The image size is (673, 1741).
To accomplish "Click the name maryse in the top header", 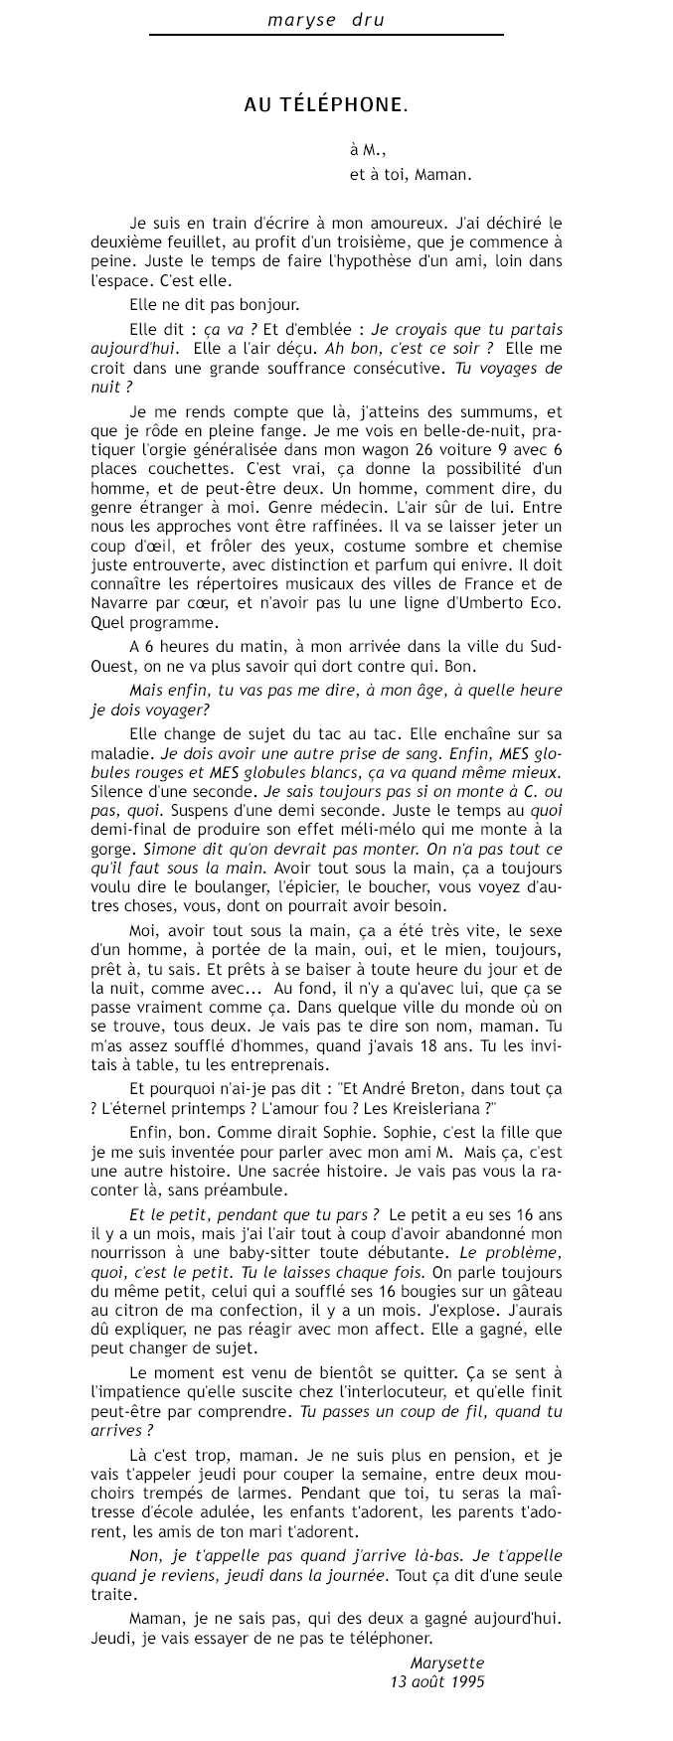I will point(297,19).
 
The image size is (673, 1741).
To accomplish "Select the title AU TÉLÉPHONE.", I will point(326,103).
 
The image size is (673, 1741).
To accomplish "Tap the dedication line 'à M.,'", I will point(366,150).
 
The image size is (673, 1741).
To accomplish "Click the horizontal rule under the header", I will point(326,35).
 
